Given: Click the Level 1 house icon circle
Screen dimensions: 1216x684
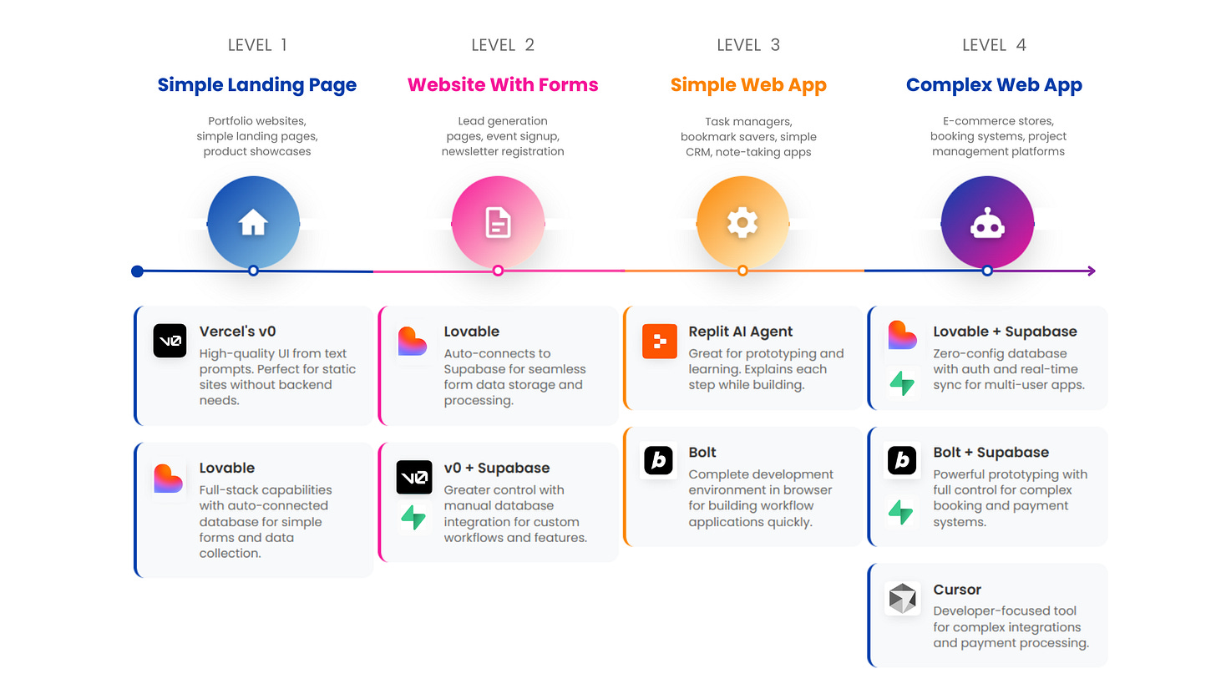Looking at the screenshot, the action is pos(253,222).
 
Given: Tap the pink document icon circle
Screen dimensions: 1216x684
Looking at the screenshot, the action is pos(498,222).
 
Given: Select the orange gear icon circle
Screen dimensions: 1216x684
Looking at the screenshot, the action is pos(742,222).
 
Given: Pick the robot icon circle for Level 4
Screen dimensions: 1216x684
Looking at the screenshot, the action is pos(987,222).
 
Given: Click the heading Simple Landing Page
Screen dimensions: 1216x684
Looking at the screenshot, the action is pos(257,85).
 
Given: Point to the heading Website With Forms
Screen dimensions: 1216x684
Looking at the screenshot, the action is pos(503,85).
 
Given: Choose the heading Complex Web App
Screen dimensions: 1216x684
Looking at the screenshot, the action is pos(994,85).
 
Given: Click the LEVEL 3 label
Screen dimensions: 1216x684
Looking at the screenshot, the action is pos(748,45).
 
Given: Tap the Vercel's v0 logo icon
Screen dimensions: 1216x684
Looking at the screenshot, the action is pos(170,341).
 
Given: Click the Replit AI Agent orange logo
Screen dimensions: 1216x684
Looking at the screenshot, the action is pos(659,341).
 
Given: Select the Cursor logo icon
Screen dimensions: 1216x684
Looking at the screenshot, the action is pos(903,599).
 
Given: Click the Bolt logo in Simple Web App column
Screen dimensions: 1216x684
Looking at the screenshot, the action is pos(659,461).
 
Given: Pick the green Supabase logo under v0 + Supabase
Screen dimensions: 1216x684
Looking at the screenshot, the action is pos(413,518).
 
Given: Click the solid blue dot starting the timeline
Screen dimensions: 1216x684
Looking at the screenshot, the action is pos(138,271).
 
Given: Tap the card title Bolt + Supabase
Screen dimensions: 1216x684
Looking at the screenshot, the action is pos(991,453).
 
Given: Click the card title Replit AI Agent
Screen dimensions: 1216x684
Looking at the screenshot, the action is pos(741,332).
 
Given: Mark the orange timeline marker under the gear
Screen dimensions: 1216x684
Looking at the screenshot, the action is pos(742,271).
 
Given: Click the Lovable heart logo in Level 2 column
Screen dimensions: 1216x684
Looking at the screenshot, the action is pos(413,341).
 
